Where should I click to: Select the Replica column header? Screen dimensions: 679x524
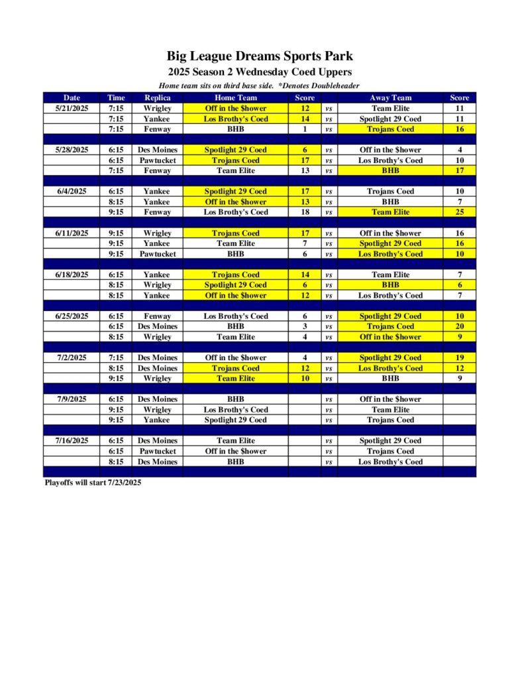tap(158, 97)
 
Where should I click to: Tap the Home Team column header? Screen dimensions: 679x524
tap(235, 97)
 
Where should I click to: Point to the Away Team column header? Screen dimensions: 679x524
tap(390, 97)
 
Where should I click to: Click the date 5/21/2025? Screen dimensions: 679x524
tap(72, 108)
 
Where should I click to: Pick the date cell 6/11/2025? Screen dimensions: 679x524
tap(72, 233)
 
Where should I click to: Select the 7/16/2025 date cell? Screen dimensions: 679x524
tap(72, 440)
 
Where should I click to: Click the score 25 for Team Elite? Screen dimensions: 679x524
tap(459, 212)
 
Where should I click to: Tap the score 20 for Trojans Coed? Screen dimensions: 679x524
tap(459, 326)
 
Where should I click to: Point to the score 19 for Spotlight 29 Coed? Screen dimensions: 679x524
tap(459, 357)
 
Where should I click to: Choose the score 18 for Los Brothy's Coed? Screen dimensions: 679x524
tap(304, 212)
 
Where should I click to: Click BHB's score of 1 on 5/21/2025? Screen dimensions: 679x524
tap(304, 129)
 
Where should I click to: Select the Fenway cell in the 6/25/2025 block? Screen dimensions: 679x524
tap(158, 316)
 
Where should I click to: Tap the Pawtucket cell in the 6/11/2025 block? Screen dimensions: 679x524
tap(158, 254)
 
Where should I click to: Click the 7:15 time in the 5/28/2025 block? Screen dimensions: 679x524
tap(116, 170)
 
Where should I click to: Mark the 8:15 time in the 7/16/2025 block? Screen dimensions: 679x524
tap(116, 462)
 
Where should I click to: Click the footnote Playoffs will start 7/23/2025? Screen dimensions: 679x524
tap(93, 483)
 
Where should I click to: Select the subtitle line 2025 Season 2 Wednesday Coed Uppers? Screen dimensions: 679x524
tap(260, 72)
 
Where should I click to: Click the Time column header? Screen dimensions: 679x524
tap(116, 97)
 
